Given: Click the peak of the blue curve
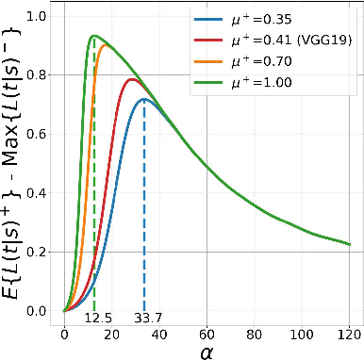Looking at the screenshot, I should click(143, 99).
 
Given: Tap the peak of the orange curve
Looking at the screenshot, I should click(104, 45).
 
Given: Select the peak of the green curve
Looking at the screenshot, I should click(93, 36).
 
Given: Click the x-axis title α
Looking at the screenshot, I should click(207, 351).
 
